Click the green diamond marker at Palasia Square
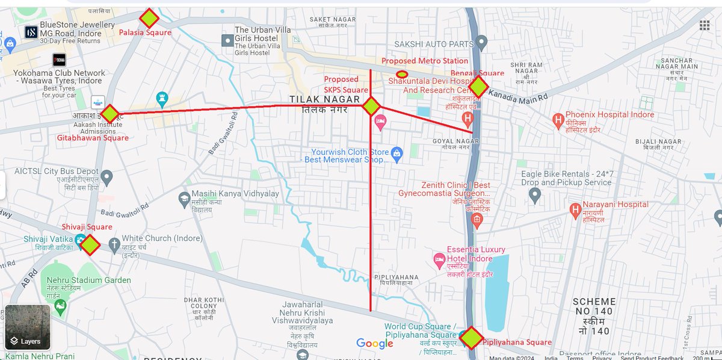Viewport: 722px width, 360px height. click(149, 18)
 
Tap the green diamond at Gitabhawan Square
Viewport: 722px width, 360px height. click(109, 114)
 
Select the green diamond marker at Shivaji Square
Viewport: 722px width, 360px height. click(90, 245)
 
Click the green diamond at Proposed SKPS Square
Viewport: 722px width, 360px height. click(371, 107)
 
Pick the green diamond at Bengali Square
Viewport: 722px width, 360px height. click(478, 87)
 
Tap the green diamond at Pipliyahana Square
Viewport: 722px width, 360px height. click(472, 338)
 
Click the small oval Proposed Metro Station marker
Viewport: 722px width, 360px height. click(402, 73)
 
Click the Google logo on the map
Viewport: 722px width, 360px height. click(374, 343)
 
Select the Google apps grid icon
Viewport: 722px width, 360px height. click(704, 25)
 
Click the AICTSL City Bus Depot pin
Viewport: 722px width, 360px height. click(106, 176)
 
